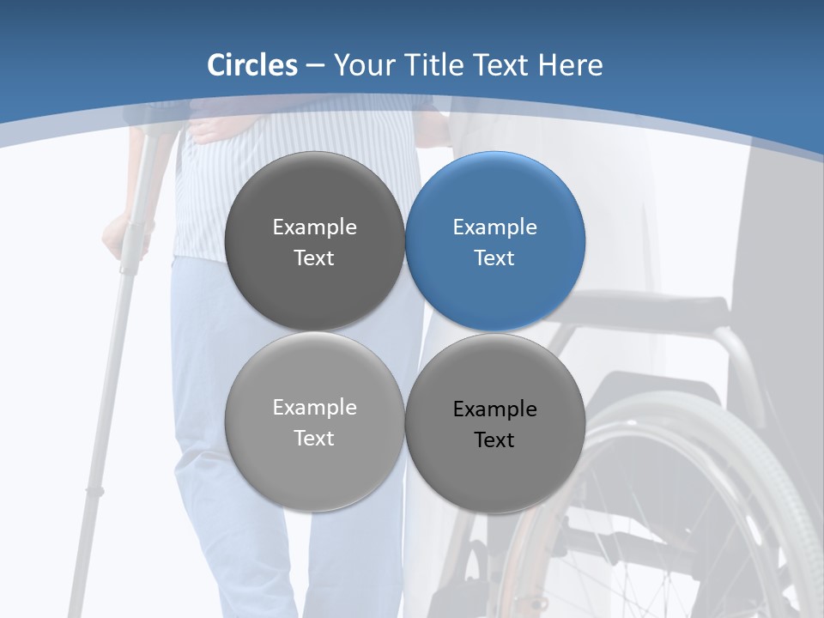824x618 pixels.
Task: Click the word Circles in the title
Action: click(x=252, y=65)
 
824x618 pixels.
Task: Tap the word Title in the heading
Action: click(x=439, y=65)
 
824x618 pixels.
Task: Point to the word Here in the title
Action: click(x=570, y=65)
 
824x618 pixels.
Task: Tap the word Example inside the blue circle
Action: click(x=494, y=227)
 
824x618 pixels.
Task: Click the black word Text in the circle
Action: click(x=494, y=440)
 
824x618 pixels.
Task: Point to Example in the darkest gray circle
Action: click(x=314, y=227)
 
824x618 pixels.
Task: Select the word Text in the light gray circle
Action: click(x=314, y=438)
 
